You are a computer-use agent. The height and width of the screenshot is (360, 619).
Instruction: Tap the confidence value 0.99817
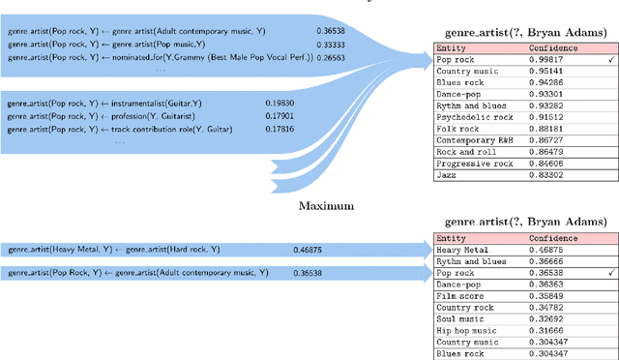click(x=548, y=60)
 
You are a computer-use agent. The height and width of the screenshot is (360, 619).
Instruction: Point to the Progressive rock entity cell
click(x=473, y=164)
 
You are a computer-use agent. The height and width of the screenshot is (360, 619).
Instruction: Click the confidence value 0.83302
click(x=548, y=175)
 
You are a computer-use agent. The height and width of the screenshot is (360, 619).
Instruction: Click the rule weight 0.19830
click(x=281, y=102)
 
